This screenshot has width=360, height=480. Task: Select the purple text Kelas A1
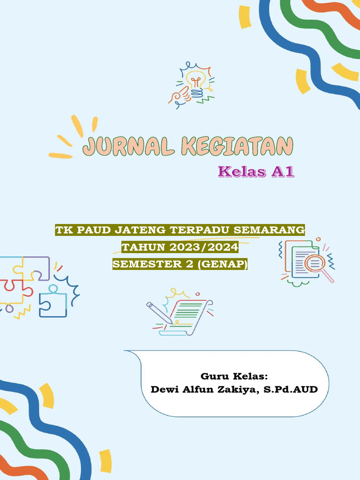pos(256,172)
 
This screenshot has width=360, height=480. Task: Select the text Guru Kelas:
pos(234,376)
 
